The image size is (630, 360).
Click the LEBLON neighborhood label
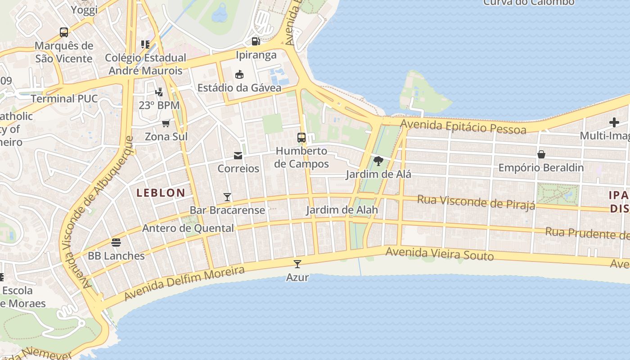[x=161, y=193]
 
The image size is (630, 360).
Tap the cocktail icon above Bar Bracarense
[x=227, y=197]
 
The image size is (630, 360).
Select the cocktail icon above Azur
[x=297, y=264]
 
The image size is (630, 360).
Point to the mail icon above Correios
[x=238, y=156]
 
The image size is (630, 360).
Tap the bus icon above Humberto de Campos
[x=301, y=138]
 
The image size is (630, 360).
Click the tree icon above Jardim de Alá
[x=378, y=161]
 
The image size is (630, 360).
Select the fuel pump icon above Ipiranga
[x=256, y=41]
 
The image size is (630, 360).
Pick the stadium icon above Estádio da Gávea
[x=239, y=74]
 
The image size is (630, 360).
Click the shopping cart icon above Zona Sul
[x=166, y=123]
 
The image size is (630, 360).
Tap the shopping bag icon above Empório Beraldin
[x=541, y=154]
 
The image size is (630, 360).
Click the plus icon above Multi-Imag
[x=614, y=122]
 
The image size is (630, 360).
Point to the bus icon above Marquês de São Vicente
[x=64, y=32]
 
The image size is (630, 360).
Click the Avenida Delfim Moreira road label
[x=184, y=283]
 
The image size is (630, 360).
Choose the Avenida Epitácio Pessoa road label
[x=463, y=126]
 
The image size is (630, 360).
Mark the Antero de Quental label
[x=188, y=228]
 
